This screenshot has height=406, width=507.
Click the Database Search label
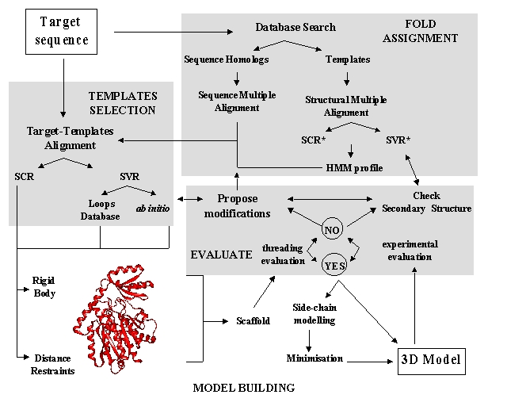click(x=295, y=27)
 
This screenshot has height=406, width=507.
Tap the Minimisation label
click(x=314, y=358)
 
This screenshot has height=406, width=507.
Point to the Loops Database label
click(x=100, y=209)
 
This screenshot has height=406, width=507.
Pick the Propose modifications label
click(x=238, y=205)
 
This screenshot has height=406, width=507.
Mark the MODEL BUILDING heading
click(x=244, y=388)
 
